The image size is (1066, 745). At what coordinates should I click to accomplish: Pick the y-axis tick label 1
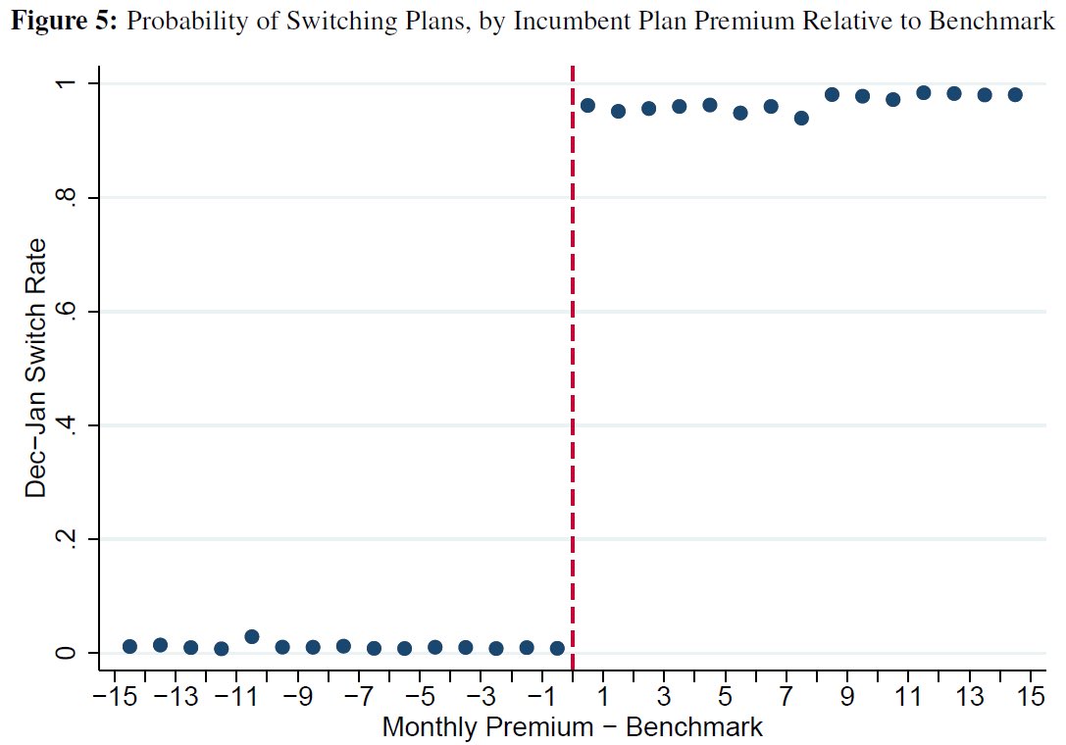tap(64, 84)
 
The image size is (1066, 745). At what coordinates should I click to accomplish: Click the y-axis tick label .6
tap(64, 312)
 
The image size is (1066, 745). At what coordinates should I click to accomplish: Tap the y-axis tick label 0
tap(64, 653)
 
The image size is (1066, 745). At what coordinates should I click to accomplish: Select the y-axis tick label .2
tap(64, 539)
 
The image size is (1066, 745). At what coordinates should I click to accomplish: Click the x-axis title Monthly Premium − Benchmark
tap(572, 728)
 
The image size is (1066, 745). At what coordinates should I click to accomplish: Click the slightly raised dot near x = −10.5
tap(251, 636)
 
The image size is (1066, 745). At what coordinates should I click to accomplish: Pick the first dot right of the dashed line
tap(587, 105)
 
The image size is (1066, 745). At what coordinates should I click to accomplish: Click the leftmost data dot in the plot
tap(129, 646)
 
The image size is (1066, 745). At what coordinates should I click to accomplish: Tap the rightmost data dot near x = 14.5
tap(1015, 94)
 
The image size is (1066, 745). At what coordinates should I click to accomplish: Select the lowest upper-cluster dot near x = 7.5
tap(801, 118)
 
